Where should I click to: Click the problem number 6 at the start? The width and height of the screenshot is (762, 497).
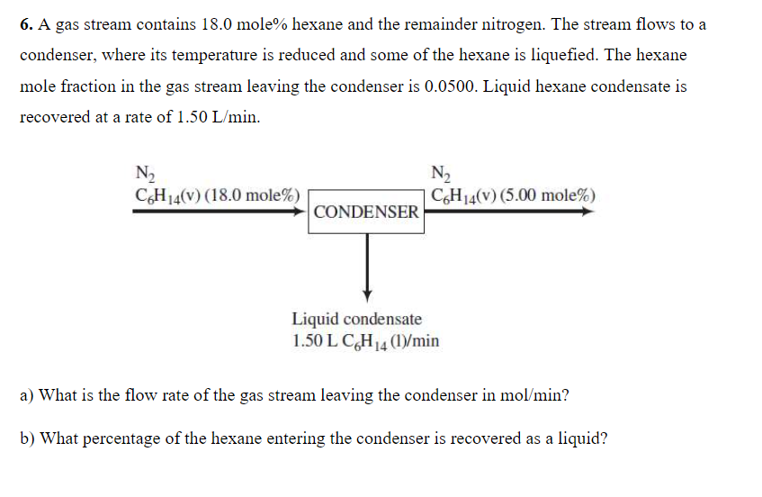[26, 24]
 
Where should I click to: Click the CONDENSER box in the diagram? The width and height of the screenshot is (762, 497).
[367, 212]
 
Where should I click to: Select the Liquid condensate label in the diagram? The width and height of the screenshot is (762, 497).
[356, 319]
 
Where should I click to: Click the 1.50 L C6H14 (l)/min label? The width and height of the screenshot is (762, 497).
[365, 340]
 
